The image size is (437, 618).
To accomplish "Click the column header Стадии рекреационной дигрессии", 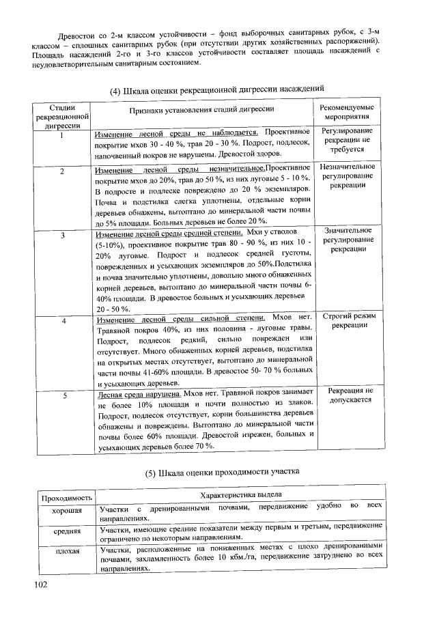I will pyautogui.click(x=61, y=117).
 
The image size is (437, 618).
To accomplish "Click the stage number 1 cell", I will pyautogui.click(x=61, y=134).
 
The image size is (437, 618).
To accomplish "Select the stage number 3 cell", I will pyautogui.click(x=62, y=236).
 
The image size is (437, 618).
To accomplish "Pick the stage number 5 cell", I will pyautogui.click(x=62, y=395).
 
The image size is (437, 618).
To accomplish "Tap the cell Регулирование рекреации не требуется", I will pyautogui.click(x=348, y=139).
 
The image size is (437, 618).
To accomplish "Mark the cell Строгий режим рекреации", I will pyautogui.click(x=348, y=322).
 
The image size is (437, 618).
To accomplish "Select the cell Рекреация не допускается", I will pyautogui.click(x=349, y=395).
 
